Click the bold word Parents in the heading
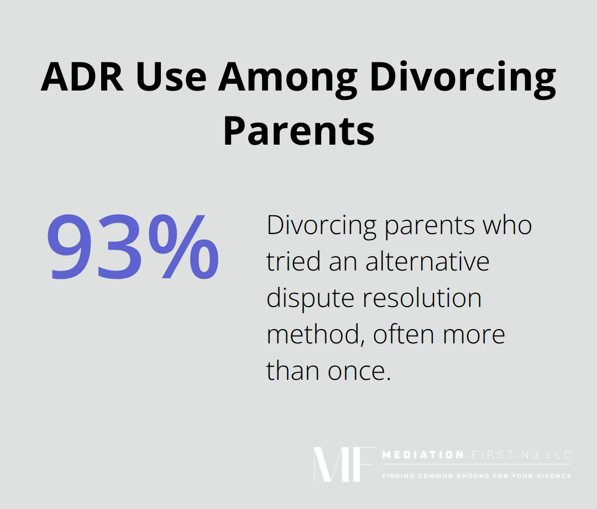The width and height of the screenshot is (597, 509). pyautogui.click(x=298, y=130)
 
